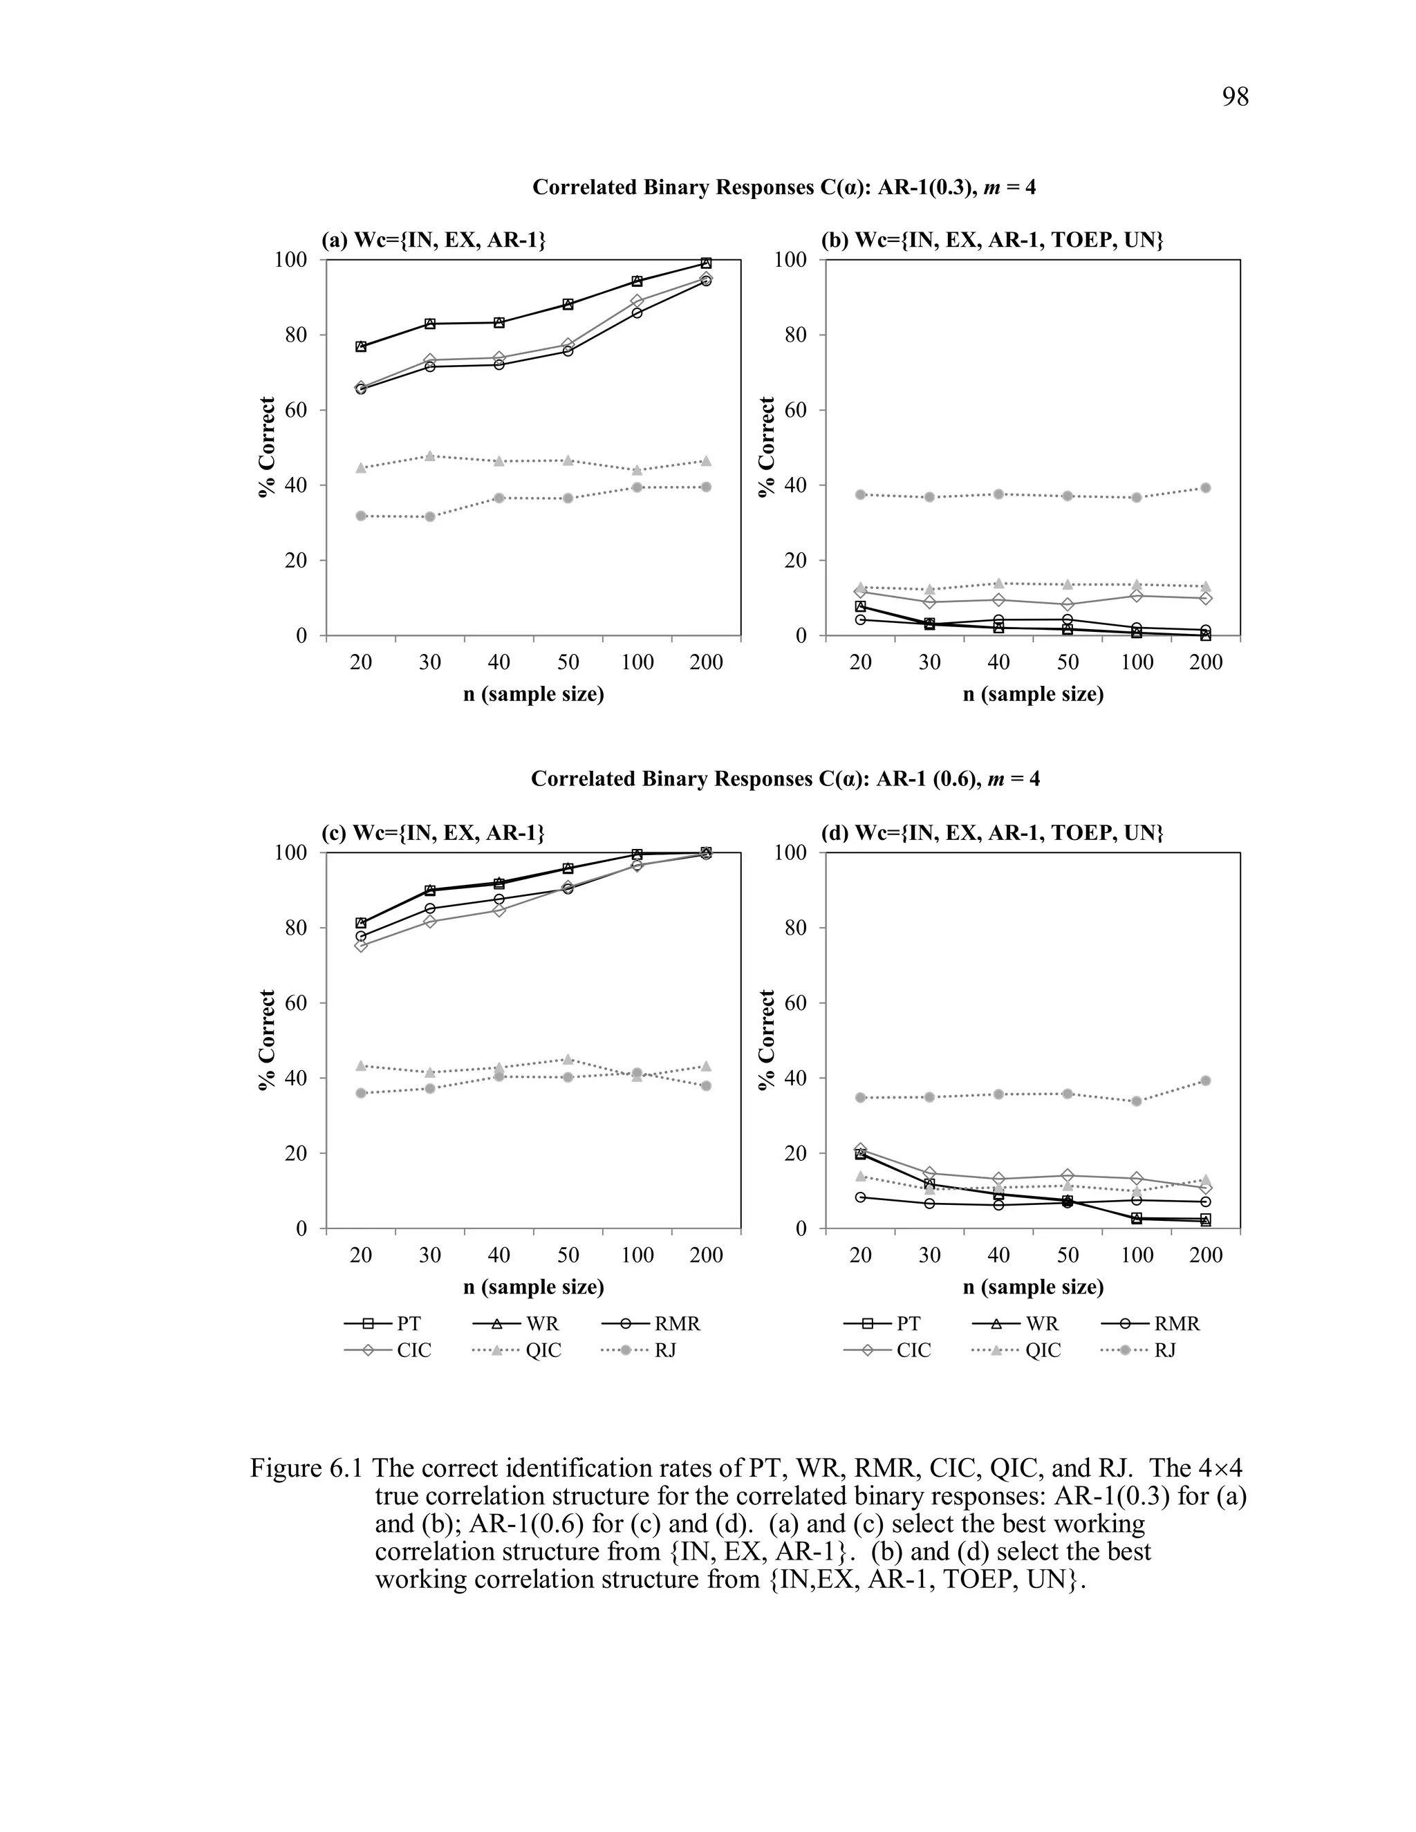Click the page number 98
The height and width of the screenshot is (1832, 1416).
[x=1235, y=97]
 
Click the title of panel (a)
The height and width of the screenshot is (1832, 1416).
[x=434, y=241]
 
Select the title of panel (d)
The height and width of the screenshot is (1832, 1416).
[x=991, y=833]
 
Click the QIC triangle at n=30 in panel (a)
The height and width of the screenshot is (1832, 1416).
[x=430, y=456]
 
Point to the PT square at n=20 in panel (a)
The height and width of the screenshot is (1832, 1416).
[x=361, y=346]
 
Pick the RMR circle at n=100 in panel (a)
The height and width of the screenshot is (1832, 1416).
[x=637, y=313]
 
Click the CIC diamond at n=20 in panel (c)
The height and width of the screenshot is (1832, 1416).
[x=361, y=945]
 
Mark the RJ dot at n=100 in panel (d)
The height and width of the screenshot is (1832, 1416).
[x=1137, y=1101]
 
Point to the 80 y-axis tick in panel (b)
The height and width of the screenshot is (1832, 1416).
[x=795, y=335]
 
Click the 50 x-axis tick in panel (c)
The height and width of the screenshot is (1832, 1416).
[x=568, y=1255]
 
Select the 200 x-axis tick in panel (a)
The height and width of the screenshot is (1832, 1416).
[x=707, y=663]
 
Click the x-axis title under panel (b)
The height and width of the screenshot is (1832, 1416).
[x=1033, y=695]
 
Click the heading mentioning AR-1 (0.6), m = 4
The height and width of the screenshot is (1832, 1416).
[x=785, y=779]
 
